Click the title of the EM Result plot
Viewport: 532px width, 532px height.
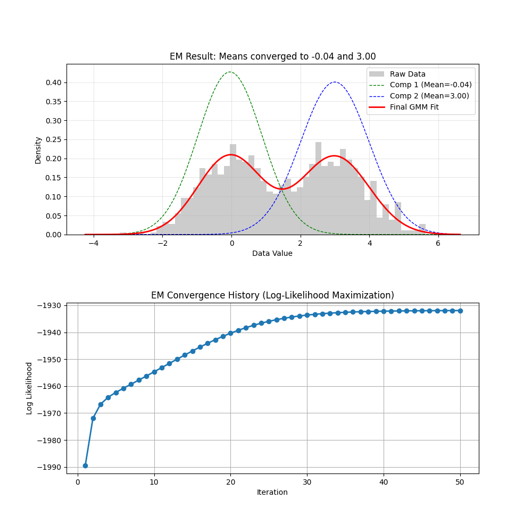click(272, 56)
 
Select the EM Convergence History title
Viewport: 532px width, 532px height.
click(272, 295)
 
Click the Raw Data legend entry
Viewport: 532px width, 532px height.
click(408, 74)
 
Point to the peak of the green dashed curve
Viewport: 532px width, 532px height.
click(230, 72)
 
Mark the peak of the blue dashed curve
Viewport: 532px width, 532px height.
click(334, 82)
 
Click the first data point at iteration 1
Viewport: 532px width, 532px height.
click(85, 465)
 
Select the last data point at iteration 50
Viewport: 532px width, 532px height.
click(460, 311)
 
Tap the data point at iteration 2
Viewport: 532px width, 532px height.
click(93, 418)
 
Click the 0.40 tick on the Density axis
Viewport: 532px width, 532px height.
click(53, 82)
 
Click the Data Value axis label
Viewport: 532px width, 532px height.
click(272, 253)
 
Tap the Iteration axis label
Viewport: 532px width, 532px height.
click(272, 492)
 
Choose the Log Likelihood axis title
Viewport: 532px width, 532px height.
click(29, 388)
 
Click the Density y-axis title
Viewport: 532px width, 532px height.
click(38, 149)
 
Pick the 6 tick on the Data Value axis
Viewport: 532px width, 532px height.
click(438, 243)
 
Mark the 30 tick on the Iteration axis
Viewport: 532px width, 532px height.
click(307, 482)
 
